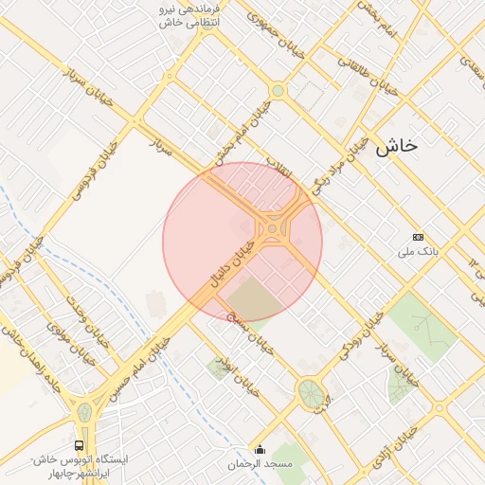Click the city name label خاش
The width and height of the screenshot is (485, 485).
pos(396,146)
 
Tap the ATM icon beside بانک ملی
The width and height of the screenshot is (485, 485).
pos(418,236)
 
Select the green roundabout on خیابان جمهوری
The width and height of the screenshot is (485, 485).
pos(278,91)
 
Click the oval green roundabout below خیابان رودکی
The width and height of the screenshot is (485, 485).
pos(310,391)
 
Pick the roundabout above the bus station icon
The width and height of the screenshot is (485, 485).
pos(83,412)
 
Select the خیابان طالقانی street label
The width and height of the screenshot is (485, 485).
pos(366,73)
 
